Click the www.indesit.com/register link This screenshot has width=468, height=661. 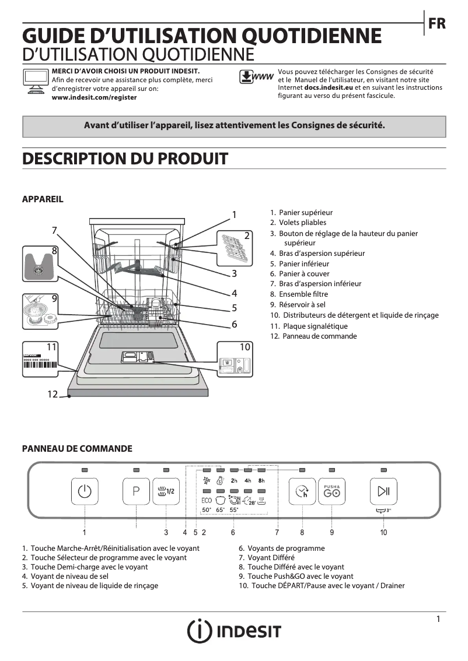(94, 97)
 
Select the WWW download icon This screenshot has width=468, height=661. (256, 78)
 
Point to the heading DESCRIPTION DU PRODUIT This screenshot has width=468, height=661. (124, 159)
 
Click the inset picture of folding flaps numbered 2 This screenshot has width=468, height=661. (235, 247)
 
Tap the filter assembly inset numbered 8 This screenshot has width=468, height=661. (40, 265)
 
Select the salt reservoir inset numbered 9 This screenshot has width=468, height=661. (40, 312)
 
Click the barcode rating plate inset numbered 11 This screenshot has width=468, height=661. (41, 359)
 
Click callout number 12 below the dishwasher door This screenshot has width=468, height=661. (53, 395)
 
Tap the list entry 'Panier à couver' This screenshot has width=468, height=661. (303, 274)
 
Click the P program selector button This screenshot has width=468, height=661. (136, 491)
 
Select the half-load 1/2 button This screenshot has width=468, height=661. (166, 491)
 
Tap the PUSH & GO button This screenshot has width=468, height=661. (332, 491)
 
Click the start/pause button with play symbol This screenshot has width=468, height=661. (383, 491)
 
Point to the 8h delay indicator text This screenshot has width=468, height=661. (262, 481)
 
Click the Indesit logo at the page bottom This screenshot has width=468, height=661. (234, 631)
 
